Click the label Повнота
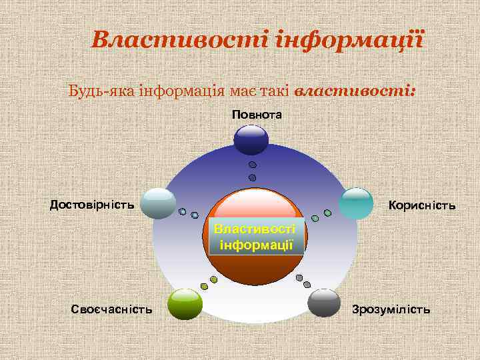(257, 115)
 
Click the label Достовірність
(92, 204)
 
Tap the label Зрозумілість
(391, 309)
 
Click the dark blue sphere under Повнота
(251, 140)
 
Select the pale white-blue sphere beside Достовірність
(159, 203)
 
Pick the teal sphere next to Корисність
(357, 204)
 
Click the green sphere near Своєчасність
(185, 305)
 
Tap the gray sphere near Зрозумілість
(325, 303)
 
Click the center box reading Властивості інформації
(257, 237)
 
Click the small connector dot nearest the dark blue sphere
(252, 165)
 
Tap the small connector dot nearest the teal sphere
(327, 213)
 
